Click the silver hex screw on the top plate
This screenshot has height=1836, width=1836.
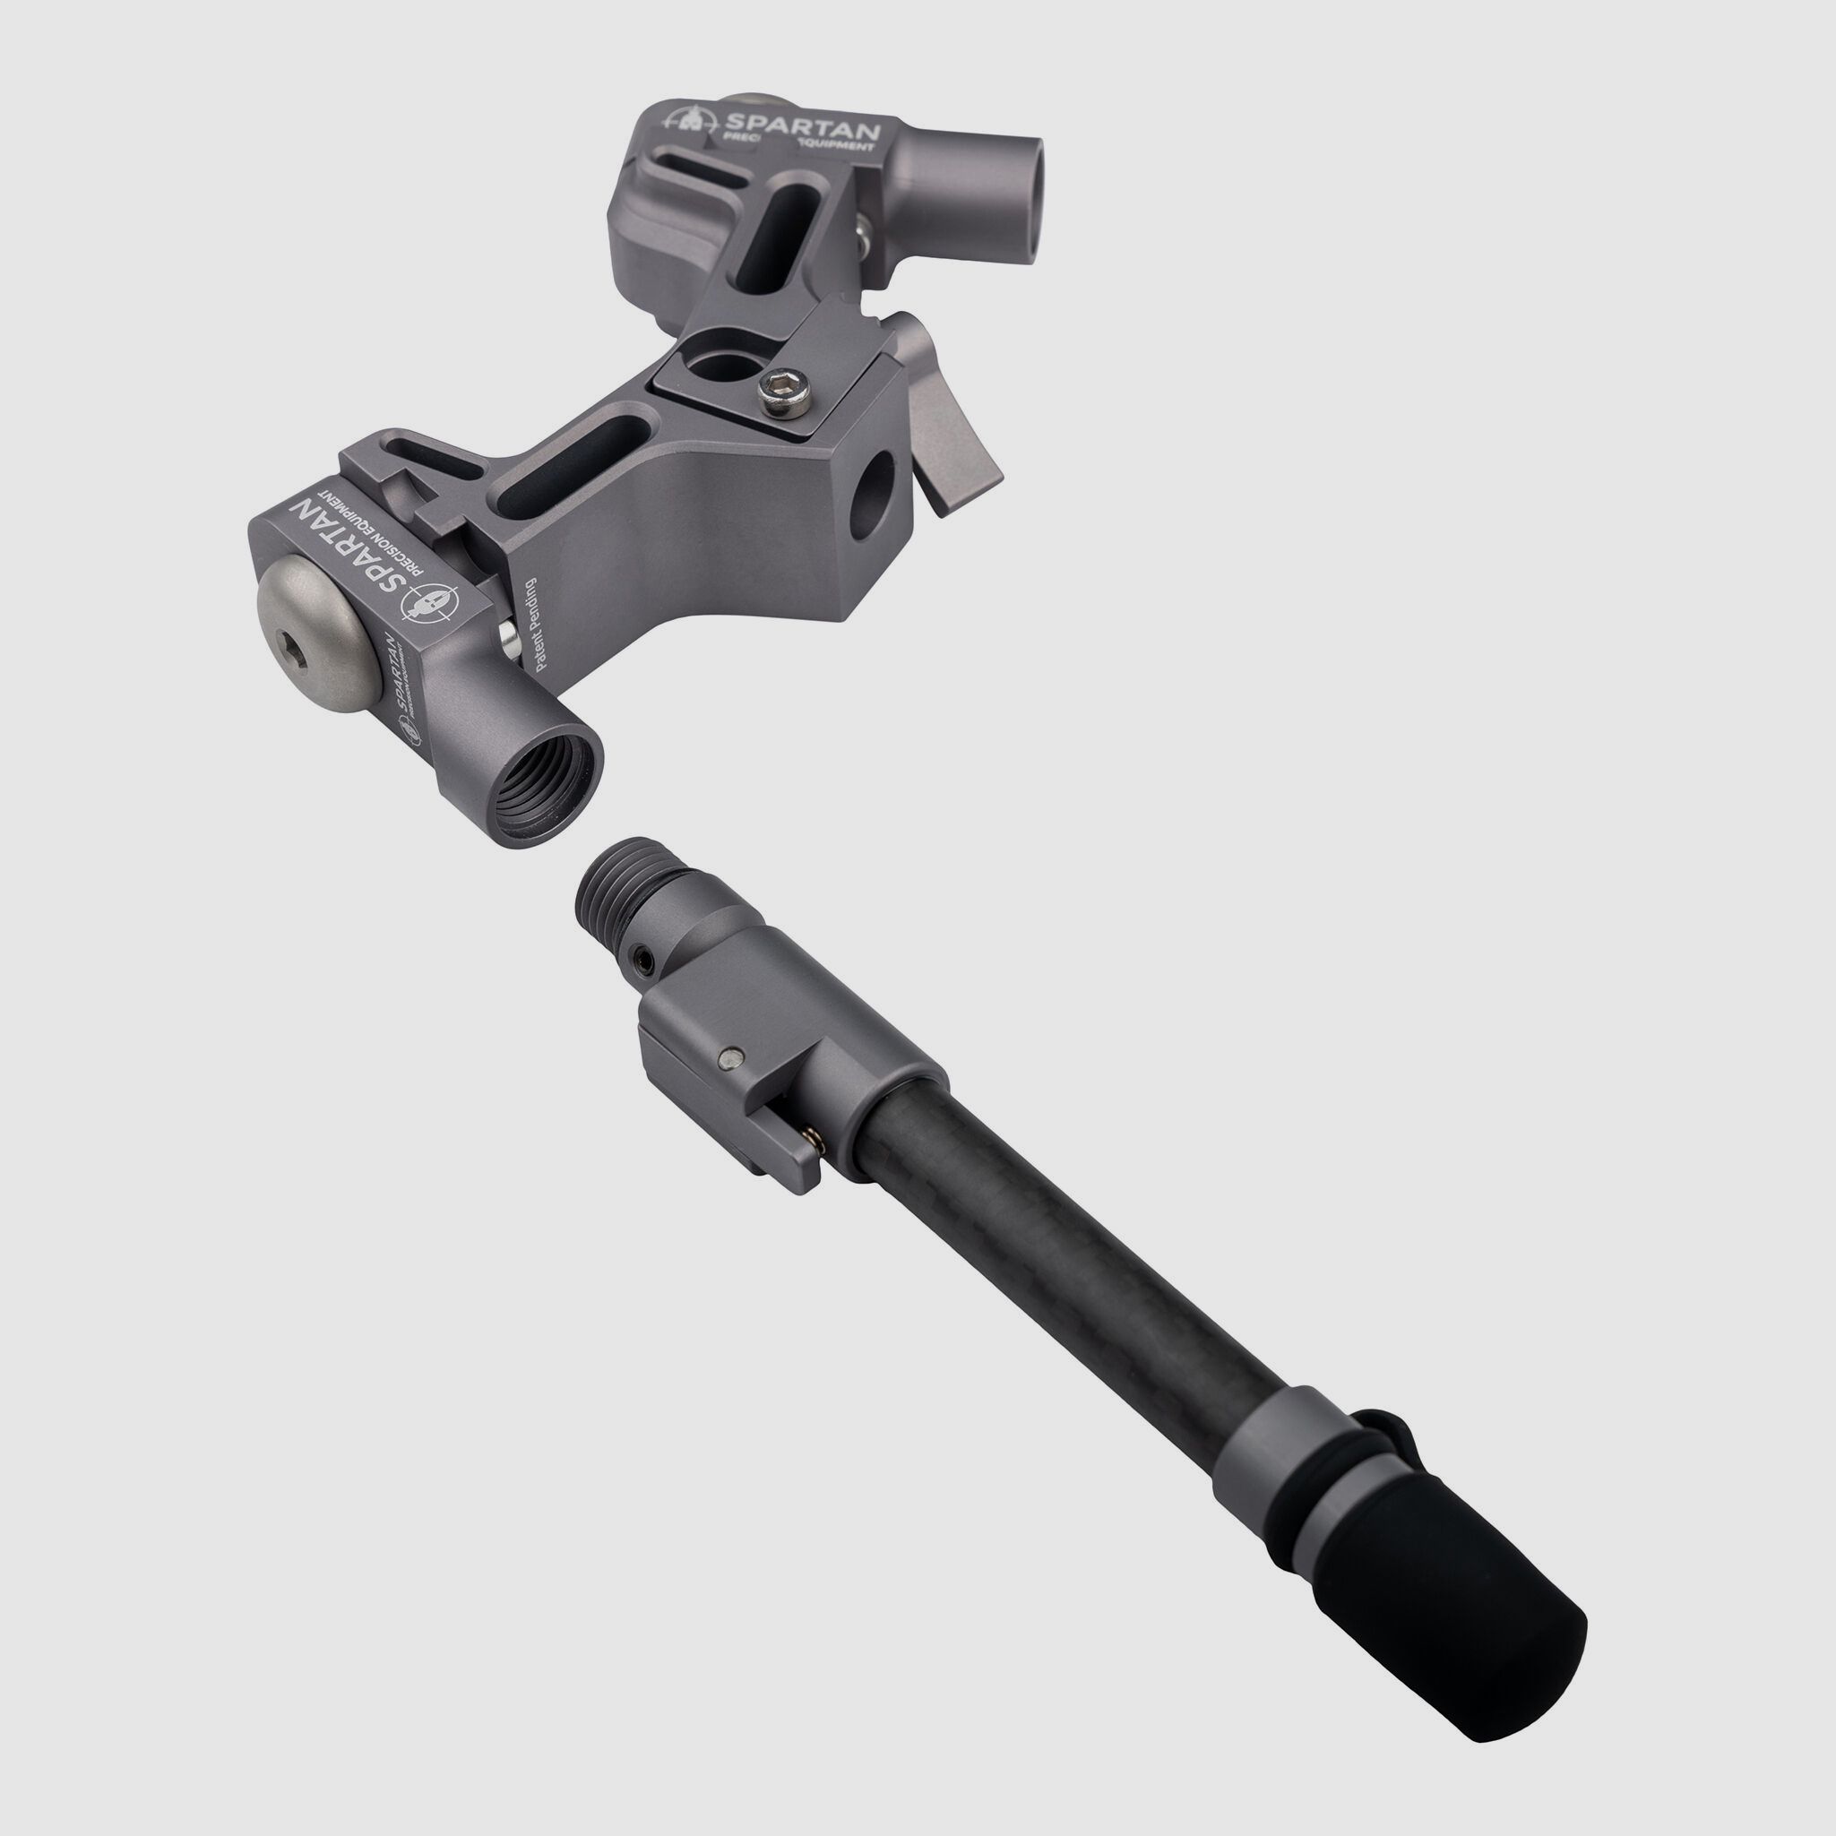[785, 392]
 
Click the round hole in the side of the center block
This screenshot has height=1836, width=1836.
[873, 488]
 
